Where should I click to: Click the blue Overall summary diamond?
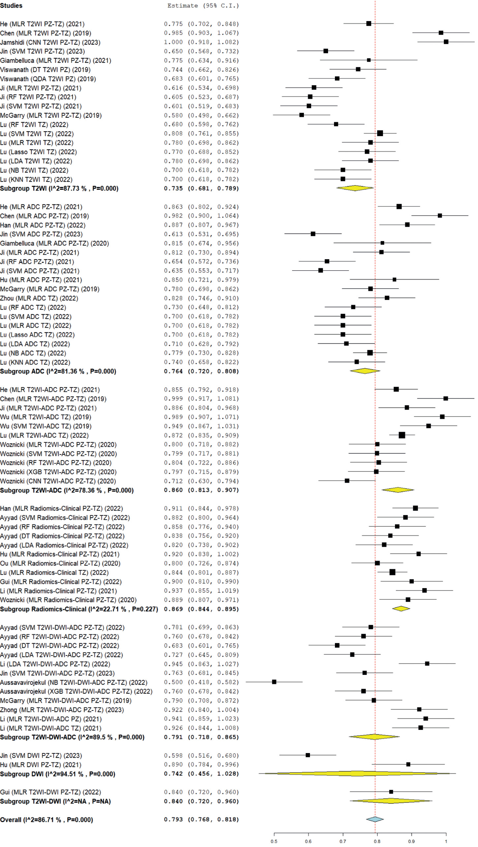[375, 819]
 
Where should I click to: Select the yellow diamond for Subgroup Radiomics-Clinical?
[401, 609]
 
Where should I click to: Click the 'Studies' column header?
[11, 6]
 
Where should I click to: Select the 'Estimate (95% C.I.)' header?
[203, 6]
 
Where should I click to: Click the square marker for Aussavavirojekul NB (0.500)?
[274, 681]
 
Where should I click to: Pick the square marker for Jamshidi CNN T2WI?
[446, 42]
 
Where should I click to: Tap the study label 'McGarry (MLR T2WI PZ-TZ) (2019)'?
[51, 115]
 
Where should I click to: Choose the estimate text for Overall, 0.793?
[173, 819]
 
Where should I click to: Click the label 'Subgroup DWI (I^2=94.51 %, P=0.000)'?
[58, 774]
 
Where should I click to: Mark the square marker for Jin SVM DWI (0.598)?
[308, 755]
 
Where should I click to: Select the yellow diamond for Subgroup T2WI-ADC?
[398, 490]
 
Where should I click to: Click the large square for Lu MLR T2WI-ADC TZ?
[402, 435]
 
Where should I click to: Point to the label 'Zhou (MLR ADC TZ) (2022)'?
[39, 298]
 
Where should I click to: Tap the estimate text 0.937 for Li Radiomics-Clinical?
[173, 590]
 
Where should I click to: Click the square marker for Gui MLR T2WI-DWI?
[391, 792]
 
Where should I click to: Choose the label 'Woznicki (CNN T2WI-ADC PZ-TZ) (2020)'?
[58, 481]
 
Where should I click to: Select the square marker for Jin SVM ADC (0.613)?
[313, 234]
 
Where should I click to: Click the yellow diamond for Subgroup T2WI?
[355, 188]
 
